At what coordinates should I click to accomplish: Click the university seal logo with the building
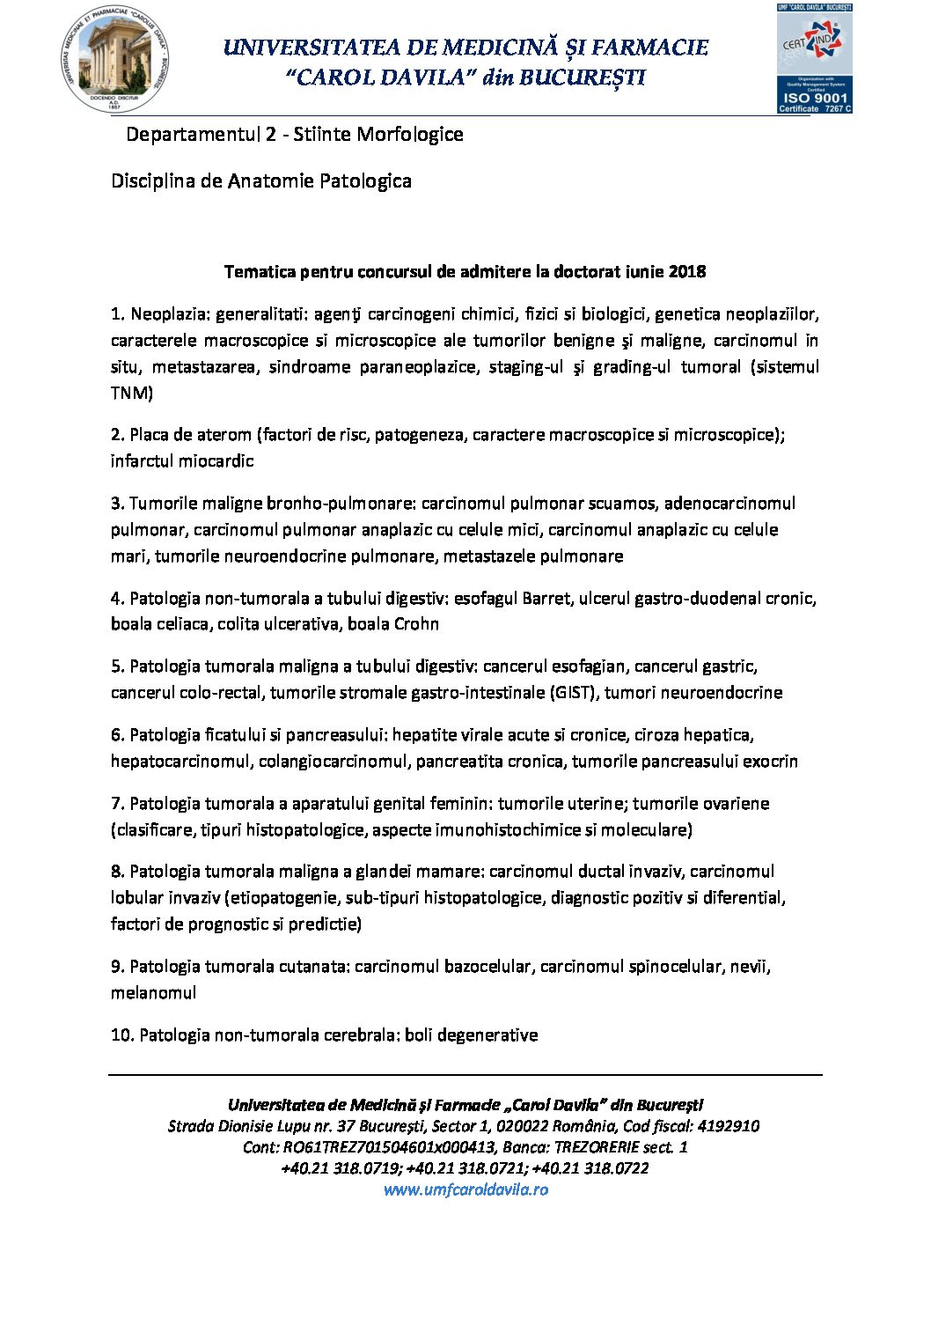pos(115,59)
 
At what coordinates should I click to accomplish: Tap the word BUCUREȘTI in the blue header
pos(582,78)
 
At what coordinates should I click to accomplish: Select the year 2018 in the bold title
pos(687,271)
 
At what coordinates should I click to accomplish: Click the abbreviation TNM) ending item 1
pos(132,394)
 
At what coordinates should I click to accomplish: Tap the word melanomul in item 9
pos(153,993)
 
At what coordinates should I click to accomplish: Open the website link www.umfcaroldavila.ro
pos(465,1189)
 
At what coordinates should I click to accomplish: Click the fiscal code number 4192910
pos(728,1126)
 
